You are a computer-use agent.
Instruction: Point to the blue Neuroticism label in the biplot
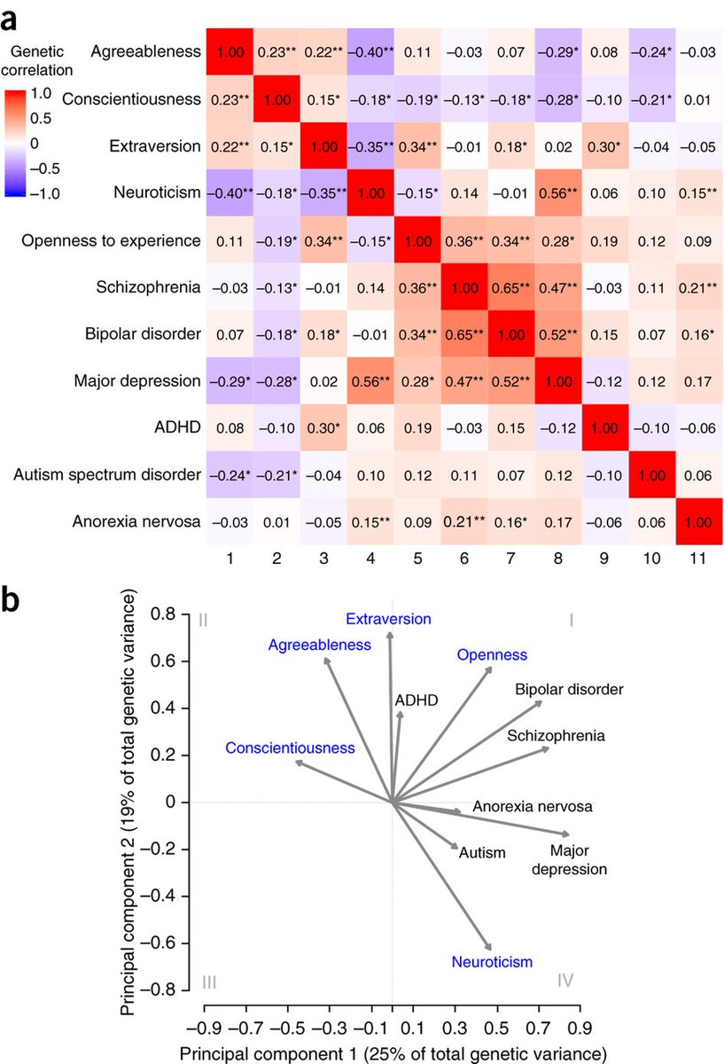493,962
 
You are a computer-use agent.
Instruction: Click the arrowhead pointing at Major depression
565,833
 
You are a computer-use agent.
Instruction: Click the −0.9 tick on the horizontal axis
205,1029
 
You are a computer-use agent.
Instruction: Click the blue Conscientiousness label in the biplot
290,748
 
